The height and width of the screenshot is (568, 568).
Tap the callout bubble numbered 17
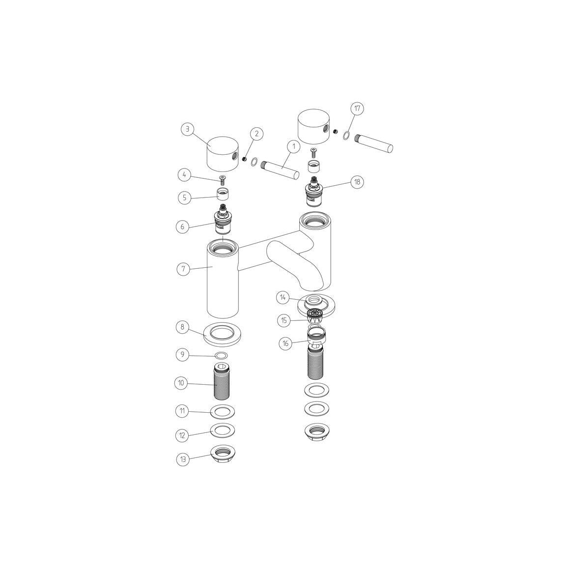click(357, 109)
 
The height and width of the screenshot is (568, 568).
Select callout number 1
click(293, 147)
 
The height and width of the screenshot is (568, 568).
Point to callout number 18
click(357, 182)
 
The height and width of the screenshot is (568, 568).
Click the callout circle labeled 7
click(183, 269)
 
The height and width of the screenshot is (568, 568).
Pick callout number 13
click(183, 460)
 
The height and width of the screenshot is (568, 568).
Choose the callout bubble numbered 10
click(181, 383)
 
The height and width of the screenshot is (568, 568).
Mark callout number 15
click(284, 320)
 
